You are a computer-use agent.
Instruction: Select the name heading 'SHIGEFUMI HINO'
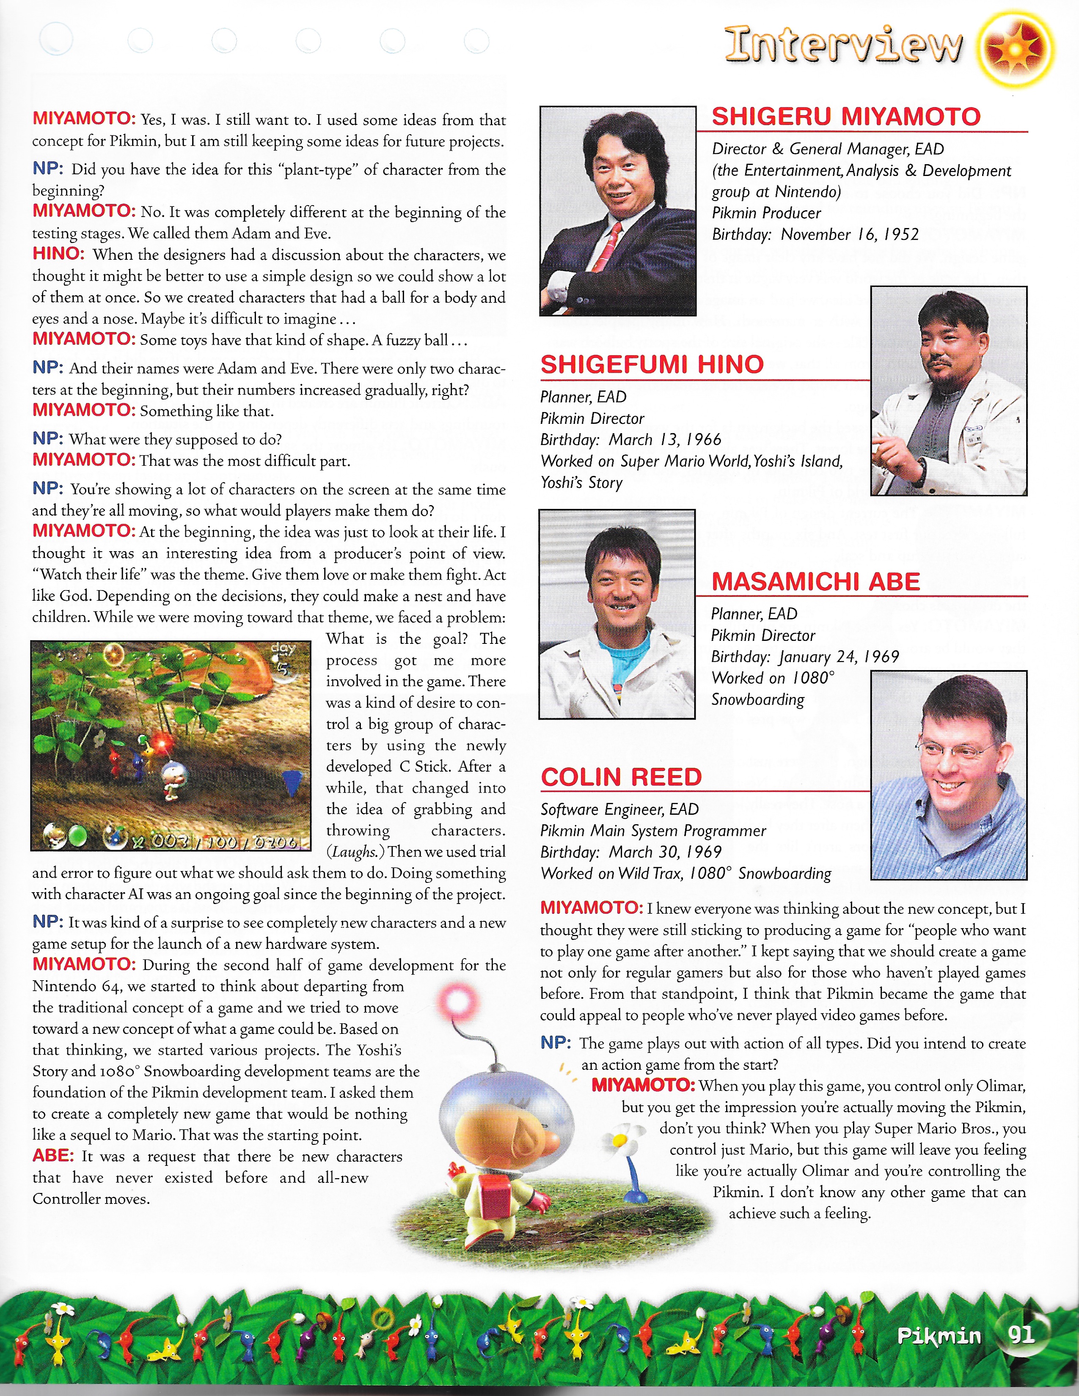pyautogui.click(x=652, y=364)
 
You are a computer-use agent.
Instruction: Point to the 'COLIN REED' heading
pyautogui.click(x=621, y=777)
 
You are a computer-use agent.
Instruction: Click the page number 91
pyautogui.click(x=1021, y=1335)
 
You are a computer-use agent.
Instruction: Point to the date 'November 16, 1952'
pyautogui.click(x=850, y=235)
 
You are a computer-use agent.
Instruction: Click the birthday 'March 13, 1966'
pyautogui.click(x=665, y=440)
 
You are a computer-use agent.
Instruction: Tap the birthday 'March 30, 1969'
pyautogui.click(x=665, y=852)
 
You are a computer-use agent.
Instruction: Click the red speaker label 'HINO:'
pyautogui.click(x=58, y=254)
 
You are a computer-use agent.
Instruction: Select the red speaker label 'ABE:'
pyautogui.click(x=53, y=1156)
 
